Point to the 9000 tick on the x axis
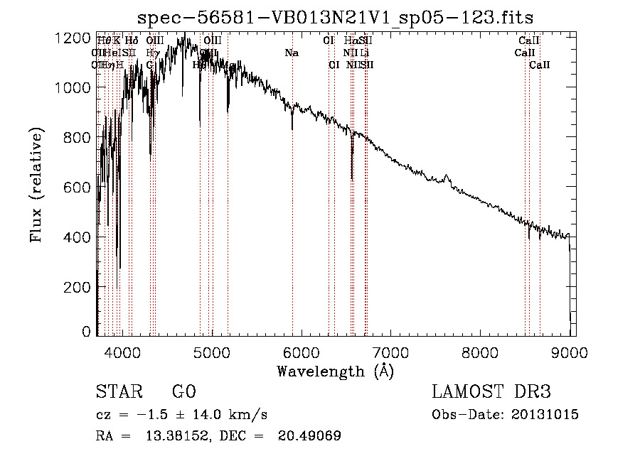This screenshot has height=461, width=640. (x=569, y=352)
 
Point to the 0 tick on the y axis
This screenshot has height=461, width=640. (x=86, y=332)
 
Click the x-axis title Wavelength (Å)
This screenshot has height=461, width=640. (x=336, y=371)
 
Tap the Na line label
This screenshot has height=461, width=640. (x=292, y=53)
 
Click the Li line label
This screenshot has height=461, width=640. (x=364, y=53)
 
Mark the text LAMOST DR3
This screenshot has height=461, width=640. (x=491, y=392)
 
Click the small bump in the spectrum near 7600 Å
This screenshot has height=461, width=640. (x=447, y=176)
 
